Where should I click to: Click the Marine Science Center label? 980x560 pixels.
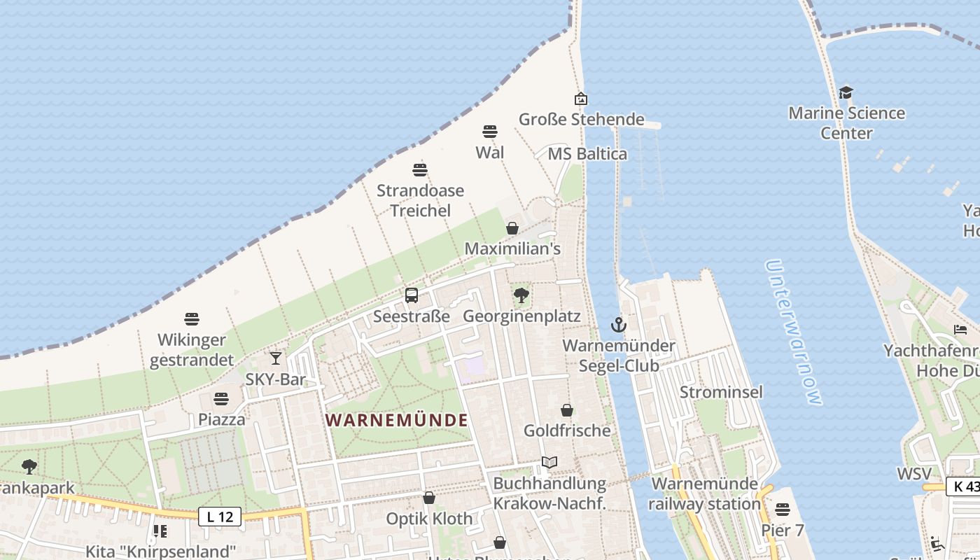click(846, 122)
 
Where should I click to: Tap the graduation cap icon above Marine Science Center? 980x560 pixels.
click(846, 92)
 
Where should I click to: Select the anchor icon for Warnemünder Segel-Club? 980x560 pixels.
click(618, 325)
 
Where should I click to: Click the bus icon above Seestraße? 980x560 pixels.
click(412, 295)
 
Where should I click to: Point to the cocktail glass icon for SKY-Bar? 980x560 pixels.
click(276, 358)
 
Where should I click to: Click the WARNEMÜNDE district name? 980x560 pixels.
click(397, 420)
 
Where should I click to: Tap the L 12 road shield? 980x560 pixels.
click(220, 517)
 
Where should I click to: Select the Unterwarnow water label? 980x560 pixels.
click(794, 332)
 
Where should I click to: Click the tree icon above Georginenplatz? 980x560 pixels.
click(521, 295)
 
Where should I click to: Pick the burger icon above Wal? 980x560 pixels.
click(490, 131)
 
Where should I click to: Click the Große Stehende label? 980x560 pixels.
click(581, 119)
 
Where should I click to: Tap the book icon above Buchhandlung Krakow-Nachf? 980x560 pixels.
click(549, 463)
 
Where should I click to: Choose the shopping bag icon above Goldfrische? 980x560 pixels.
click(567, 410)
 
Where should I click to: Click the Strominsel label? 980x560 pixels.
click(721, 392)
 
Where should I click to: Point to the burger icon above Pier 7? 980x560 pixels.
click(783, 509)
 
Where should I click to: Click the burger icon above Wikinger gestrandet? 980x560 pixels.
click(192, 319)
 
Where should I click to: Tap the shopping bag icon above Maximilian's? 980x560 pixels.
click(512, 228)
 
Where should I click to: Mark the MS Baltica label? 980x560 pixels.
click(587, 154)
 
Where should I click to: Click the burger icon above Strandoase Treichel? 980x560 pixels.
click(420, 169)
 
